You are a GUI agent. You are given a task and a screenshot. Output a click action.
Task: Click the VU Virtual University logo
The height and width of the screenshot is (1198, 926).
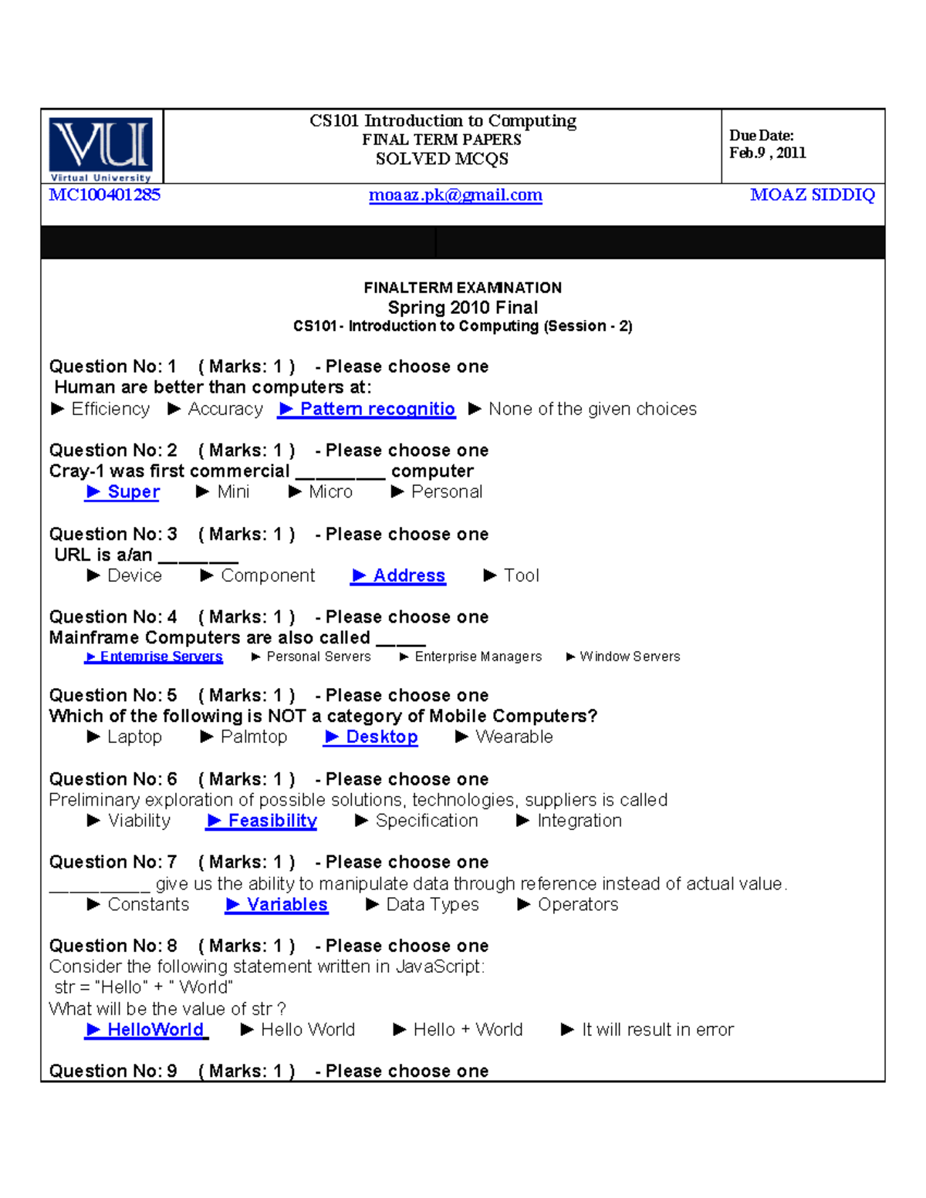[x=101, y=149]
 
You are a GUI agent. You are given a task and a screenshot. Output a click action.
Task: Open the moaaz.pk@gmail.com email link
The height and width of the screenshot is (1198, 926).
[x=455, y=195]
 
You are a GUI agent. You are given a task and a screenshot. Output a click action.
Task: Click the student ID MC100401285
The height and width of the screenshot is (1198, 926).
[x=105, y=195]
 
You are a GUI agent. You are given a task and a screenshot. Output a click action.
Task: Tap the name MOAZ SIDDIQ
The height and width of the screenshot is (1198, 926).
[x=812, y=195]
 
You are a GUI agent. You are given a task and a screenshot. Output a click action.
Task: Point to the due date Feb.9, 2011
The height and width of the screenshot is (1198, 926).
[x=767, y=153]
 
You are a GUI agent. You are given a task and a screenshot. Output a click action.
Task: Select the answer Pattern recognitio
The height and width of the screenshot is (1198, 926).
[x=367, y=409]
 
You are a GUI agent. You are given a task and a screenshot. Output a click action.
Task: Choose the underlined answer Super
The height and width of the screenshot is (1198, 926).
[x=123, y=492]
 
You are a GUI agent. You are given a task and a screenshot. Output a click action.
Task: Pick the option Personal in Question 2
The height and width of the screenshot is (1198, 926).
[x=438, y=492]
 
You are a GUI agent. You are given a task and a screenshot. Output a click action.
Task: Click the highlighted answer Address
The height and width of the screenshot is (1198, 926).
[x=399, y=575]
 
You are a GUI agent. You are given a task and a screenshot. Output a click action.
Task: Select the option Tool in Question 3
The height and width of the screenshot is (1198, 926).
[x=512, y=575]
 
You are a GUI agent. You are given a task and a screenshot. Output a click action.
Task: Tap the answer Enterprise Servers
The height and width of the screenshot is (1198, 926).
[x=154, y=656]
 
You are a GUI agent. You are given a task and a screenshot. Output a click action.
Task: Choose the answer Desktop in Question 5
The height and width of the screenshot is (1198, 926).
[x=372, y=737]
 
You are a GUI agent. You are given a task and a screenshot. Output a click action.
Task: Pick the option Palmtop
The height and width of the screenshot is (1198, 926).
[x=245, y=737]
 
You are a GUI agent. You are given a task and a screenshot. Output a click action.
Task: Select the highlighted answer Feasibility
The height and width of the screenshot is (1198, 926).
[x=262, y=821]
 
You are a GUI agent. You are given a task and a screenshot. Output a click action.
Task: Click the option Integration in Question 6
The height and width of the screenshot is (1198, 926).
[x=569, y=821]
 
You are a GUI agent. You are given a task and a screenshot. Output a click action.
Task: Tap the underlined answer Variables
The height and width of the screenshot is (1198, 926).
[x=278, y=904]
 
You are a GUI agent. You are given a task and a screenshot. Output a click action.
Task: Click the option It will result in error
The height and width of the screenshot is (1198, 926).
[x=648, y=1030]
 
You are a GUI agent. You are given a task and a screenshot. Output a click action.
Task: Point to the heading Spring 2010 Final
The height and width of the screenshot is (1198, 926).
[x=463, y=308]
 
